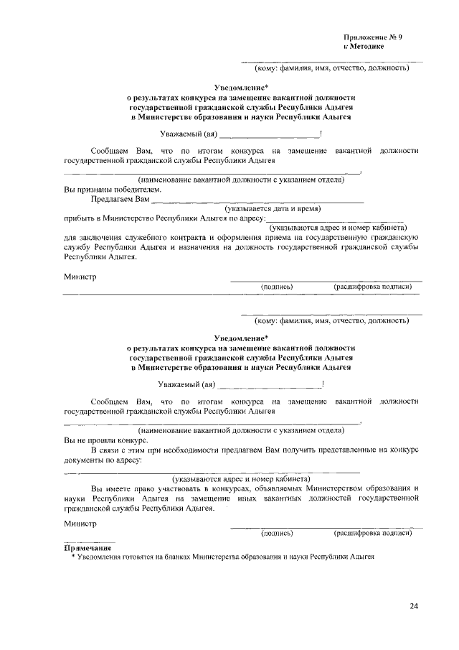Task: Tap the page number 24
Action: coord(414,605)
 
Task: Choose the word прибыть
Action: coord(80,218)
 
